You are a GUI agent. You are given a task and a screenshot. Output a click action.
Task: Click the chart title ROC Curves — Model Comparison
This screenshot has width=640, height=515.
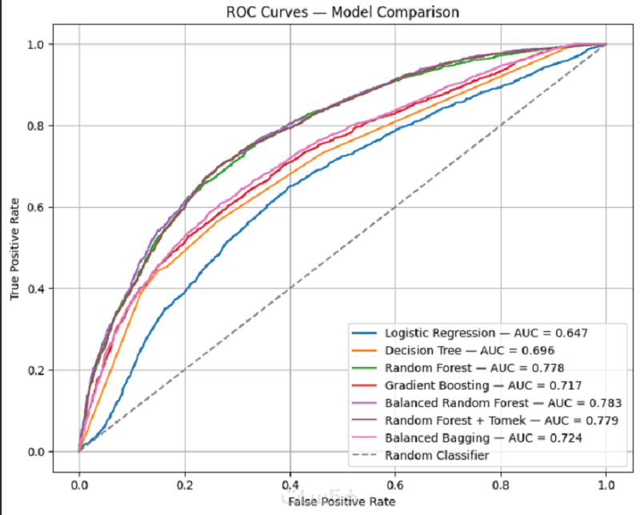pos(342,12)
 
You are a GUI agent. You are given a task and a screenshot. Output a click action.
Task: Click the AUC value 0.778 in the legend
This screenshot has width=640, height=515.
pos(548,368)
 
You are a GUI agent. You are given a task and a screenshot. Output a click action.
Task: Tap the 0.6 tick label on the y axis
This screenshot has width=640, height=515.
pos(35,207)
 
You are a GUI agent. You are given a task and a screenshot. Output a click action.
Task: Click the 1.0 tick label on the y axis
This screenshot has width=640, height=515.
pos(35,44)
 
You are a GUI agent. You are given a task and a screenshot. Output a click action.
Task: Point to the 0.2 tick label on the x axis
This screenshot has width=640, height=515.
pos(185,485)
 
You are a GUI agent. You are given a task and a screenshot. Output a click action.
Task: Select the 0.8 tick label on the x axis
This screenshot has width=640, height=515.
pos(501,485)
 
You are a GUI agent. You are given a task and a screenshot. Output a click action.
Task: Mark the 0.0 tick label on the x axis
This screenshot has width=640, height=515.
pos(79,485)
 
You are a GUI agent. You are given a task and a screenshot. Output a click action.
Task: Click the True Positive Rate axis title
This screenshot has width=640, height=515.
pos(14,249)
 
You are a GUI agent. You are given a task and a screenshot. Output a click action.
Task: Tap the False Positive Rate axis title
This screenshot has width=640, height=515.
pos(342,501)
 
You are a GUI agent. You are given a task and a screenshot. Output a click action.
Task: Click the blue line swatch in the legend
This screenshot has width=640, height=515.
pos(364,333)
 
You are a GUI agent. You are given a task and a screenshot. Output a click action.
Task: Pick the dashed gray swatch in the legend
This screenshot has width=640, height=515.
pos(364,455)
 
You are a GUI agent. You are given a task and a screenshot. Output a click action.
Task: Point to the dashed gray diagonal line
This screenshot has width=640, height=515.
pos(342,248)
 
